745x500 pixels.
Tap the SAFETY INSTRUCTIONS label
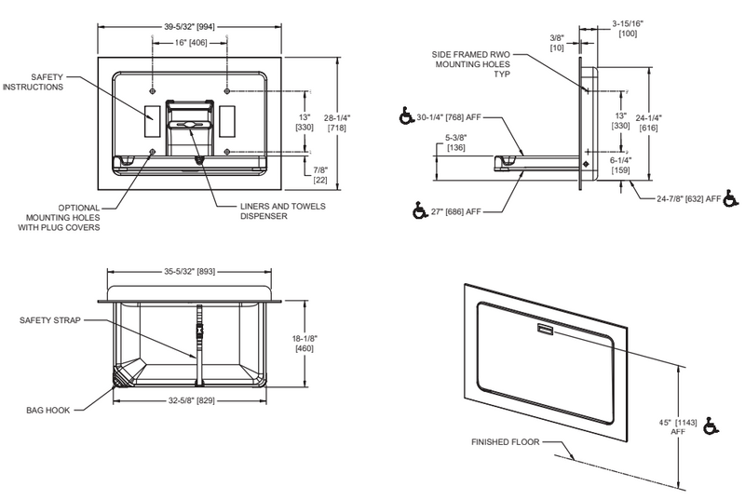[47, 81]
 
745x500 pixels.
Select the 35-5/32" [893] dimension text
[190, 273]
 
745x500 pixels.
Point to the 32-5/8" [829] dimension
[190, 398]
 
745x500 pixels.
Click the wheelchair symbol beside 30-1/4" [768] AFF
[404, 119]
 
